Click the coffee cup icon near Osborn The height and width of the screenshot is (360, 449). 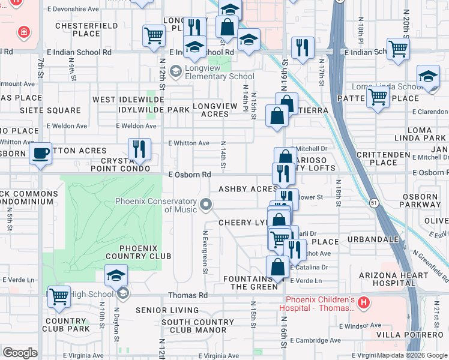(x=41, y=152)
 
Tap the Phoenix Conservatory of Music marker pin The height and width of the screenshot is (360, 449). (x=206, y=205)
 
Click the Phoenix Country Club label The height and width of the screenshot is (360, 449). (x=139, y=252)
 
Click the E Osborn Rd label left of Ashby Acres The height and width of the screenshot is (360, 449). (x=189, y=175)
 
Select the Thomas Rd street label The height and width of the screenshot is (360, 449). (x=187, y=295)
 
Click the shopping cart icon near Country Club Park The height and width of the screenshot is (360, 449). (x=59, y=297)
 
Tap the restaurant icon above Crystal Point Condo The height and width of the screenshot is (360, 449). (x=139, y=149)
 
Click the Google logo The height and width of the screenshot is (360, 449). (x=20, y=353)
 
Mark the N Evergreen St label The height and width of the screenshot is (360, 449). (x=205, y=253)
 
